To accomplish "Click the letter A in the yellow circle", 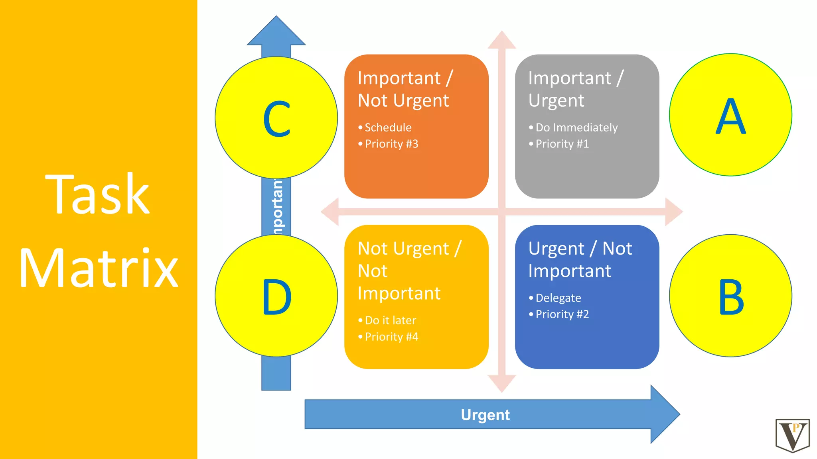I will [x=730, y=116].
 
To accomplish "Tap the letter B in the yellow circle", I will [x=731, y=297].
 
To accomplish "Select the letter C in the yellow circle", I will [x=276, y=119].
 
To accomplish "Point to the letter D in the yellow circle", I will [x=276, y=297].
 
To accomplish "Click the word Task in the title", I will [x=98, y=195].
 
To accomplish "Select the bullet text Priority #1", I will [x=562, y=144].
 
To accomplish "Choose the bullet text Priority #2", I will [x=562, y=314].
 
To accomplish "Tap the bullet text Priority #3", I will [x=391, y=144].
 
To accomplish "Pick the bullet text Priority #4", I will [x=391, y=337].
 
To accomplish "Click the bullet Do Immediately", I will [x=576, y=127].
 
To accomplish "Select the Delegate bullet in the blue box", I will [x=558, y=298].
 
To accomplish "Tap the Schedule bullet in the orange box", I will [x=388, y=127].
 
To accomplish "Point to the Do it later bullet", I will [x=390, y=320].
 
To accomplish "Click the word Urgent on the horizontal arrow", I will [x=485, y=415].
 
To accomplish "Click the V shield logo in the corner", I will [x=792, y=435].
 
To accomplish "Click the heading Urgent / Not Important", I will [x=580, y=260].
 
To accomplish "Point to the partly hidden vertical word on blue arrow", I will [x=278, y=207].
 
